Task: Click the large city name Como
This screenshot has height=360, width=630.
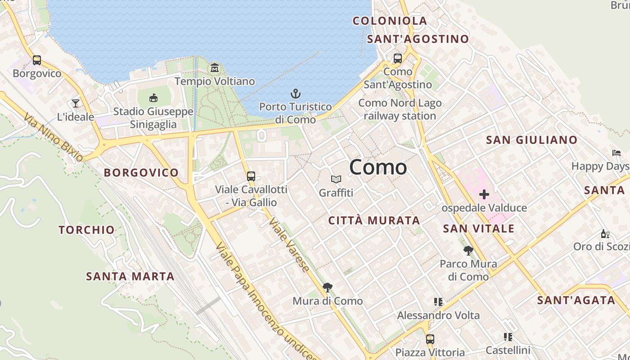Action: pos(378,167)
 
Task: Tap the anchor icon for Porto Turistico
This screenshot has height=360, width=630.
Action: pos(295,94)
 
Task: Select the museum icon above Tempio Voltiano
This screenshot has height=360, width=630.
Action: pos(215,68)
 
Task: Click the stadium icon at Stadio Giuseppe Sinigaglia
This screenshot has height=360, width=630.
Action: pos(153,98)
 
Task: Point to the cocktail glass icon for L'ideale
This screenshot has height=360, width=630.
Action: pos(76,103)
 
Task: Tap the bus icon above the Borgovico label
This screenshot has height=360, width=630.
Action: pos(37,60)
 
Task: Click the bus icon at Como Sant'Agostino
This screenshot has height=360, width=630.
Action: pos(398,58)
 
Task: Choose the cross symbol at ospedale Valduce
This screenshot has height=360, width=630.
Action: pos(484,194)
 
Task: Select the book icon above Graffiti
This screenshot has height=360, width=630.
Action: pos(336,180)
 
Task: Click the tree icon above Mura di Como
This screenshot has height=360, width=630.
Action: pos(328,288)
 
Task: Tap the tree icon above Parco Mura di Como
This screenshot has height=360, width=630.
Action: pos(468,251)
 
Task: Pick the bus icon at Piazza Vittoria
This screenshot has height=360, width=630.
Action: pos(430,339)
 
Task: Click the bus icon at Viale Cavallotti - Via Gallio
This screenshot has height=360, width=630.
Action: pos(251,176)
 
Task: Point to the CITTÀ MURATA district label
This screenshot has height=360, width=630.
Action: pos(374,220)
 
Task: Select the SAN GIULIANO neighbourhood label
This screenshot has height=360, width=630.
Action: pos(531,140)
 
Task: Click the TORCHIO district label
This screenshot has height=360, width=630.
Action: pos(87,230)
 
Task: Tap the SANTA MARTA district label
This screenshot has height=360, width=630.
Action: pos(130,276)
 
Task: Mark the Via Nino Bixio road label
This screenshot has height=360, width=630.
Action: pos(53,137)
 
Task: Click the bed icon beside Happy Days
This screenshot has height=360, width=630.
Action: pos(616,153)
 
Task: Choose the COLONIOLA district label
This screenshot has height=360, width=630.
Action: pos(390,21)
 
